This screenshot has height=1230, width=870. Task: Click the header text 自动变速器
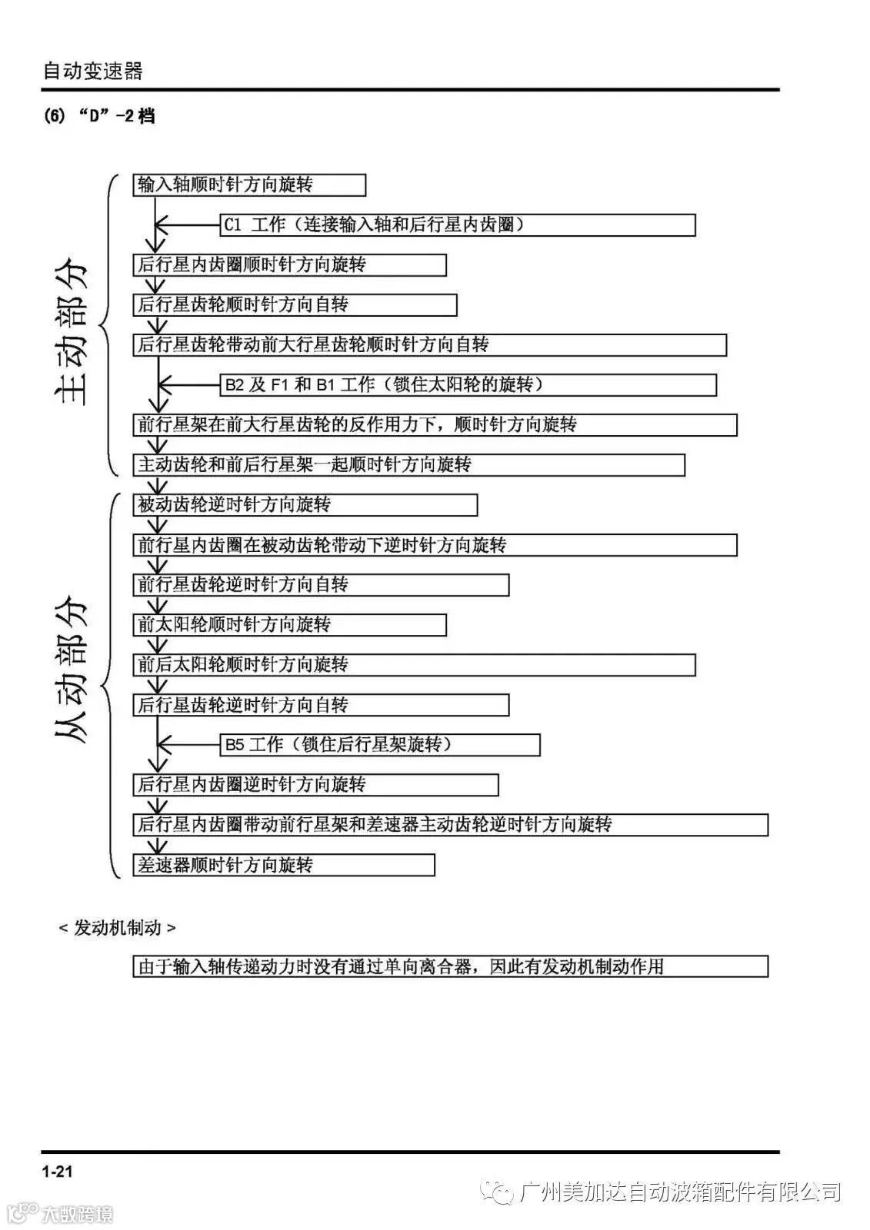[92, 71]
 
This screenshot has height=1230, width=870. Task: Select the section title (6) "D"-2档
[99, 117]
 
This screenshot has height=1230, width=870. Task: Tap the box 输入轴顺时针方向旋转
[248, 185]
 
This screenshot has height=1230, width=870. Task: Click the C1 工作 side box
[458, 225]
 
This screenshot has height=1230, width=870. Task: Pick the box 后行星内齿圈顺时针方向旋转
[289, 265]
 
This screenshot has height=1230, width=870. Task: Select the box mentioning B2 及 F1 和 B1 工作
[468, 384]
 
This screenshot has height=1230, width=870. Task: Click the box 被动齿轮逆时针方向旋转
[305, 505]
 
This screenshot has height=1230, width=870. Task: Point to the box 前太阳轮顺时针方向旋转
[289, 625]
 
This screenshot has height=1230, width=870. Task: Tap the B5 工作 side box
[380, 745]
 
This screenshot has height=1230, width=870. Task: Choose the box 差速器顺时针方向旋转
[283, 865]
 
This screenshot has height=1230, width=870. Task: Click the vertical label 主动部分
[72, 334]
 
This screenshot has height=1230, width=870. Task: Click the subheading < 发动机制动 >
[117, 928]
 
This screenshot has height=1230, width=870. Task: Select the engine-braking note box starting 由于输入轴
[450, 966]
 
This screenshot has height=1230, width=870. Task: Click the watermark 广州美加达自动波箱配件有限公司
[680, 1192]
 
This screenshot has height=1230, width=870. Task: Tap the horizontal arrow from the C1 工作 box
[188, 225]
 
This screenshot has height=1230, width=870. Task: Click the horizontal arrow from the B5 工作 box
[188, 745]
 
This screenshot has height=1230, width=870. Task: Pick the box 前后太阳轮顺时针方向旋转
[414, 665]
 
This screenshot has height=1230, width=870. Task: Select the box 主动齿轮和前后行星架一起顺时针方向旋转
[408, 465]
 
